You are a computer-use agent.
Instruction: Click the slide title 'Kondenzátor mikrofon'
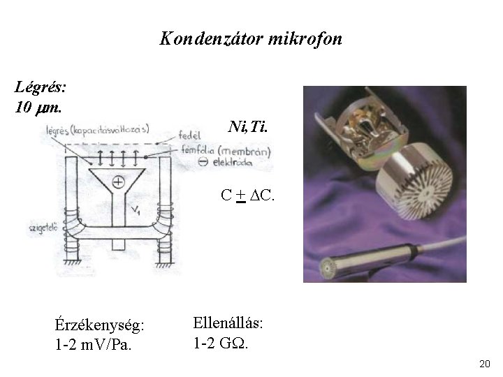pos(251,38)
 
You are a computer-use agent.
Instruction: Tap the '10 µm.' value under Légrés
pos(38,108)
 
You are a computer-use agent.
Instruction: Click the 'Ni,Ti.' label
pos(247,127)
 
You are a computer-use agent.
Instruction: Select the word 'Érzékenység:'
pos(100,325)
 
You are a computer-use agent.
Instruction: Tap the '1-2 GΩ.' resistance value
pos(221,343)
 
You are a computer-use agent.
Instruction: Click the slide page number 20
pos(486,364)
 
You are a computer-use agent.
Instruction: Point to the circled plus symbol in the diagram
pos(118,182)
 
